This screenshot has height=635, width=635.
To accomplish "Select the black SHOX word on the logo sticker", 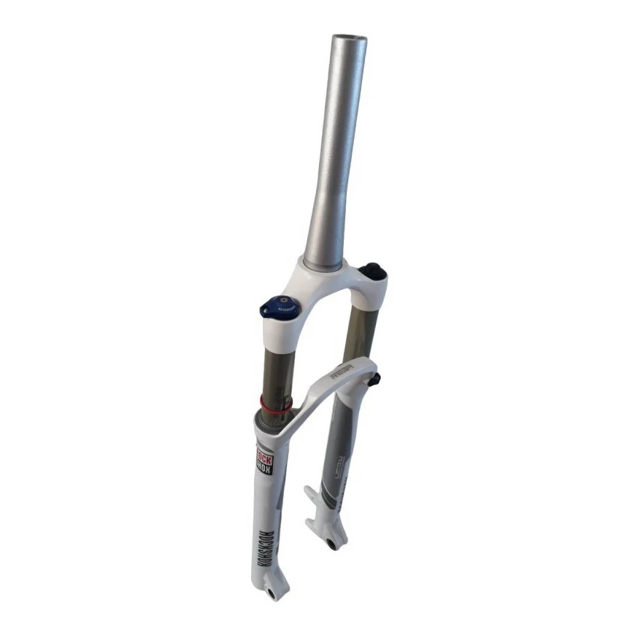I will point(263,474).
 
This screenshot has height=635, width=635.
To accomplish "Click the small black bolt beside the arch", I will point(376,380).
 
